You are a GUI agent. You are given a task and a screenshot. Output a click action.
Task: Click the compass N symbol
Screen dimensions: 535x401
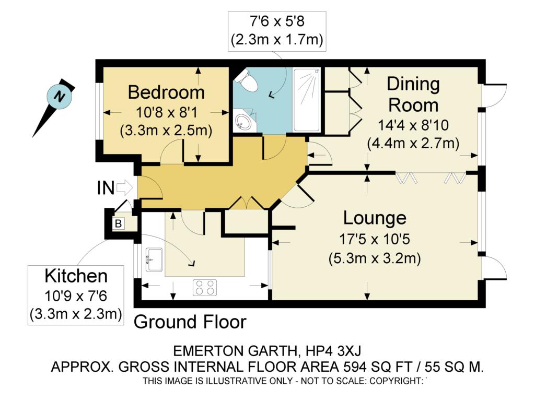60,97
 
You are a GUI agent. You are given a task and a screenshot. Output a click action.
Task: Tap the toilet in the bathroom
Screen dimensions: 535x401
247,80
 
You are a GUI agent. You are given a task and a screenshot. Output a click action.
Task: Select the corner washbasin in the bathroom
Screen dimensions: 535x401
243,120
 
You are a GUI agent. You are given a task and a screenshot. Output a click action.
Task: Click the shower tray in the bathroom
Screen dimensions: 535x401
306,100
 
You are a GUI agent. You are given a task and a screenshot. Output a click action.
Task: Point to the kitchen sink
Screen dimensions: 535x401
154,260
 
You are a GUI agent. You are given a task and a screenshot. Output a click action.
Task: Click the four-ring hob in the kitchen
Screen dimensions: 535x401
205,288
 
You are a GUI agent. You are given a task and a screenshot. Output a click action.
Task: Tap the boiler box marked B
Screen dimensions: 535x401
118,223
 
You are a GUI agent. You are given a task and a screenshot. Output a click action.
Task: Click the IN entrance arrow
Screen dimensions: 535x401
124,187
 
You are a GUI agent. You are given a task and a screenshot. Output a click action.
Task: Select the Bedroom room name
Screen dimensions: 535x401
166,92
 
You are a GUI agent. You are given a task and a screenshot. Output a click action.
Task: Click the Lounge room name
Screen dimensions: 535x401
375,218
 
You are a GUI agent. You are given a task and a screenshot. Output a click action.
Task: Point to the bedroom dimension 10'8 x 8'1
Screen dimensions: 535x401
166,112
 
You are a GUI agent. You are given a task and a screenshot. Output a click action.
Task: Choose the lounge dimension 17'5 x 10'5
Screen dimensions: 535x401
374,239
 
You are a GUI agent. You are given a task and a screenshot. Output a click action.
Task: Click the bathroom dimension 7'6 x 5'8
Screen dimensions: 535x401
277,21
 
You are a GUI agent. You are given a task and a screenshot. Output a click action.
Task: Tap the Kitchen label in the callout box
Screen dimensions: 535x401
76,276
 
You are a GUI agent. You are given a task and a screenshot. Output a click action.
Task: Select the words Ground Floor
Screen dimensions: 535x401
190,322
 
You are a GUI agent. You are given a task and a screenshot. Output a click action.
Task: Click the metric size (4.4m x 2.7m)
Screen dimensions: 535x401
413,143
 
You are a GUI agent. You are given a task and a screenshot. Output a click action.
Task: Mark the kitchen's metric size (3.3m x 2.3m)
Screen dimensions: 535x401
76,314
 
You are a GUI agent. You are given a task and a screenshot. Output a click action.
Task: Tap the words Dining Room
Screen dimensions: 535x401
413,95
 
